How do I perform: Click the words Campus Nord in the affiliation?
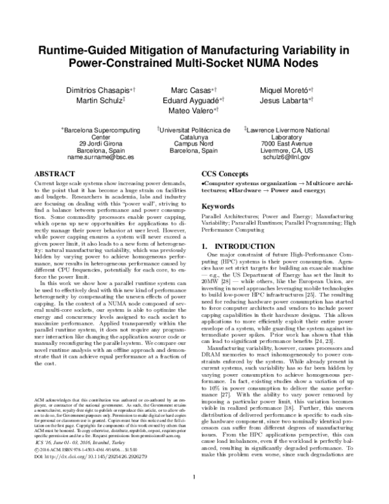pos(194,144)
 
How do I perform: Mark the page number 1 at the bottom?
pos(194,496)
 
